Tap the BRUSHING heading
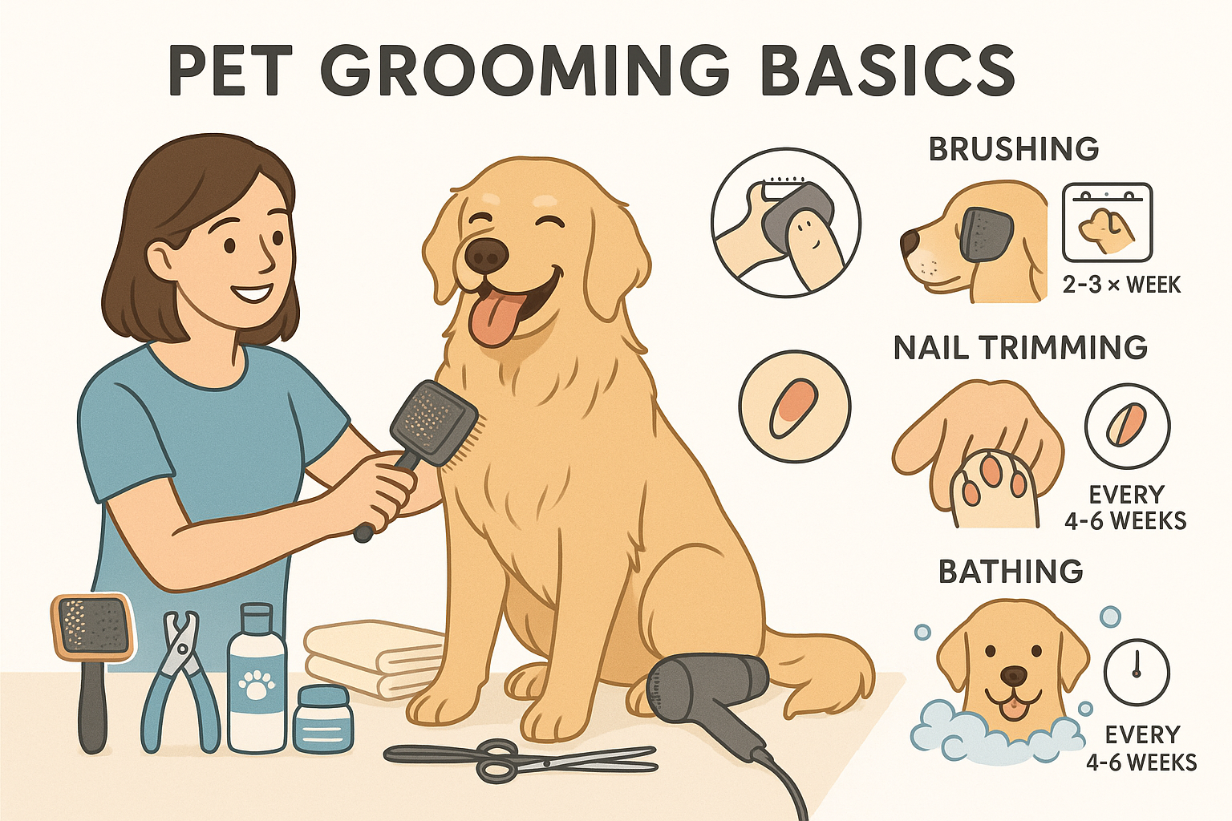[x=1014, y=149]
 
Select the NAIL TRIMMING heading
[x=1021, y=347]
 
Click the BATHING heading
[x=1011, y=572]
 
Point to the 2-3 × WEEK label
[x=1121, y=285]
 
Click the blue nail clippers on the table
[x=180, y=681]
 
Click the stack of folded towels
[x=375, y=660]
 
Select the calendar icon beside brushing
[x=1107, y=223]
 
